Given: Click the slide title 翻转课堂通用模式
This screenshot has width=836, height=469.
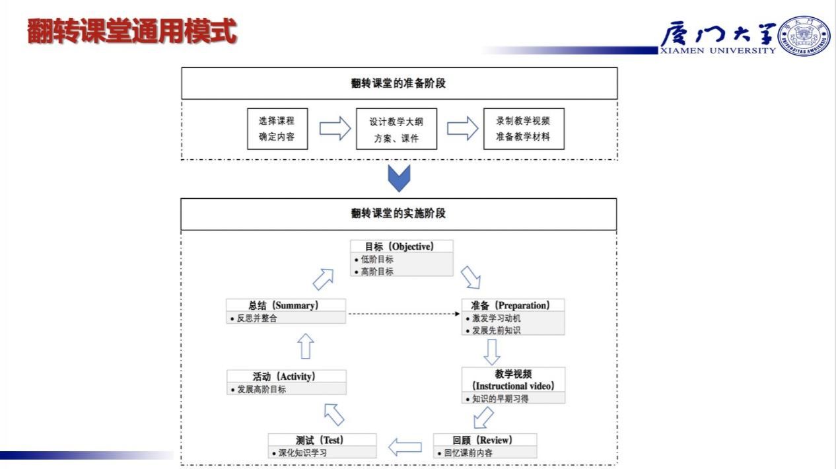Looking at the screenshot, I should [x=132, y=32].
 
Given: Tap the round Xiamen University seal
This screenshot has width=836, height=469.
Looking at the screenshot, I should [x=805, y=36].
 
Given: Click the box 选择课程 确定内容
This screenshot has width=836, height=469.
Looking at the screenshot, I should [x=277, y=129].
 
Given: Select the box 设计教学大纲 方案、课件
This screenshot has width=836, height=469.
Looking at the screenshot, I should [x=396, y=129].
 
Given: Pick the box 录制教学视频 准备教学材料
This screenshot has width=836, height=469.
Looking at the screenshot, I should [x=524, y=129].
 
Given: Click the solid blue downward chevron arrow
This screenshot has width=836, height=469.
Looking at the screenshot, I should [x=399, y=178].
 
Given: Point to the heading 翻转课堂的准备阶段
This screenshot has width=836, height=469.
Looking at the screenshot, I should [x=399, y=83].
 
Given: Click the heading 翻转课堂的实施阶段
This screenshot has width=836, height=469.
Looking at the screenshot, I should [x=399, y=213].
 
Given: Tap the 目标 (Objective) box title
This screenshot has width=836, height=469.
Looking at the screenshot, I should [x=401, y=246].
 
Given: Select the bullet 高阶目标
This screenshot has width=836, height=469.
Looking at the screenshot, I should [x=376, y=271].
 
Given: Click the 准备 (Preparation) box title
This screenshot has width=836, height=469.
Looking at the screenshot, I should [x=512, y=305].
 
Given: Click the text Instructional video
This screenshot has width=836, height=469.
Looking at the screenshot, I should [x=513, y=386].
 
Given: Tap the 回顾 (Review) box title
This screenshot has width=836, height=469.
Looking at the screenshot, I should [x=484, y=440].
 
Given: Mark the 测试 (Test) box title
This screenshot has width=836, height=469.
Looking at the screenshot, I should [x=322, y=440].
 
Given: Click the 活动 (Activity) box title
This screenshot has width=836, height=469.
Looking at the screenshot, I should [x=285, y=376].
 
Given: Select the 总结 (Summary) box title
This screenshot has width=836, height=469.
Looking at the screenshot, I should [x=285, y=305].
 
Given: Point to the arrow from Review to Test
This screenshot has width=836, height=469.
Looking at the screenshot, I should [x=405, y=447].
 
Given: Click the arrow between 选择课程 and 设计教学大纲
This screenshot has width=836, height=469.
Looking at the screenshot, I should [x=334, y=128].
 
